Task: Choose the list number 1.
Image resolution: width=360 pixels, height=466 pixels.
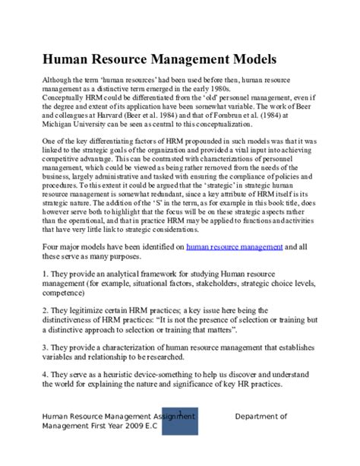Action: [45, 250]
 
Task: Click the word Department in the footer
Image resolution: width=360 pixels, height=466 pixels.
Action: [261, 416]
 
